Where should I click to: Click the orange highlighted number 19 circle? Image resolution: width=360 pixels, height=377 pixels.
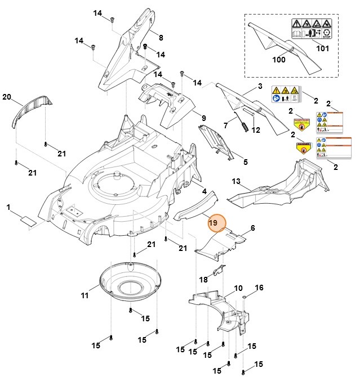214,224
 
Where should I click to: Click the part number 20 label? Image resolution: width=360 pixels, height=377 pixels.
7,97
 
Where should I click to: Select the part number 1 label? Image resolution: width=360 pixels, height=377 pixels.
8,208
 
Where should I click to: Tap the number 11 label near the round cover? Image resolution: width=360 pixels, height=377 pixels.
85,296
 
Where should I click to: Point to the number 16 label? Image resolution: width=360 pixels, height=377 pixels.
259,288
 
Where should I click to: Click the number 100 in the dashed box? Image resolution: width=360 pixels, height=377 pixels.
279,59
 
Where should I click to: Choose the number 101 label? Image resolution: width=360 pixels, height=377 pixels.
322,48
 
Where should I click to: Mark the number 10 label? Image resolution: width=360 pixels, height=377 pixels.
238,288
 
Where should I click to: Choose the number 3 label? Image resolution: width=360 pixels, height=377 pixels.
260,86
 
